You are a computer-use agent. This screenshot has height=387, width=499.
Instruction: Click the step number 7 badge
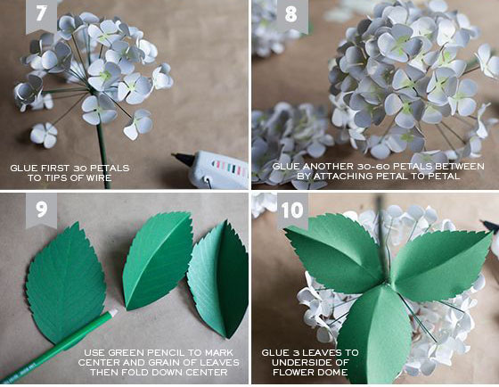41,15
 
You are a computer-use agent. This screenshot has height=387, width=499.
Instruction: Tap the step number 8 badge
291,15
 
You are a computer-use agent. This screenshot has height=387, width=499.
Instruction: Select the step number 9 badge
41,210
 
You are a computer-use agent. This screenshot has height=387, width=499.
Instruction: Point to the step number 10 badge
292,210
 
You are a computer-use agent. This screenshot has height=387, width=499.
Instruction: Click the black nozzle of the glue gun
183,158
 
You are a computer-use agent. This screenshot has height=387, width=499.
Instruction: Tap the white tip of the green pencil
113,313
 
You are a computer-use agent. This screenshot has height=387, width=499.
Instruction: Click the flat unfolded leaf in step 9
66,283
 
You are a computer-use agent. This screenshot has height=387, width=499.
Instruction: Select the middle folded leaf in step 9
157,260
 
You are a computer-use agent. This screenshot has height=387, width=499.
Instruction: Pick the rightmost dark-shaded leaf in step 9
219,278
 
